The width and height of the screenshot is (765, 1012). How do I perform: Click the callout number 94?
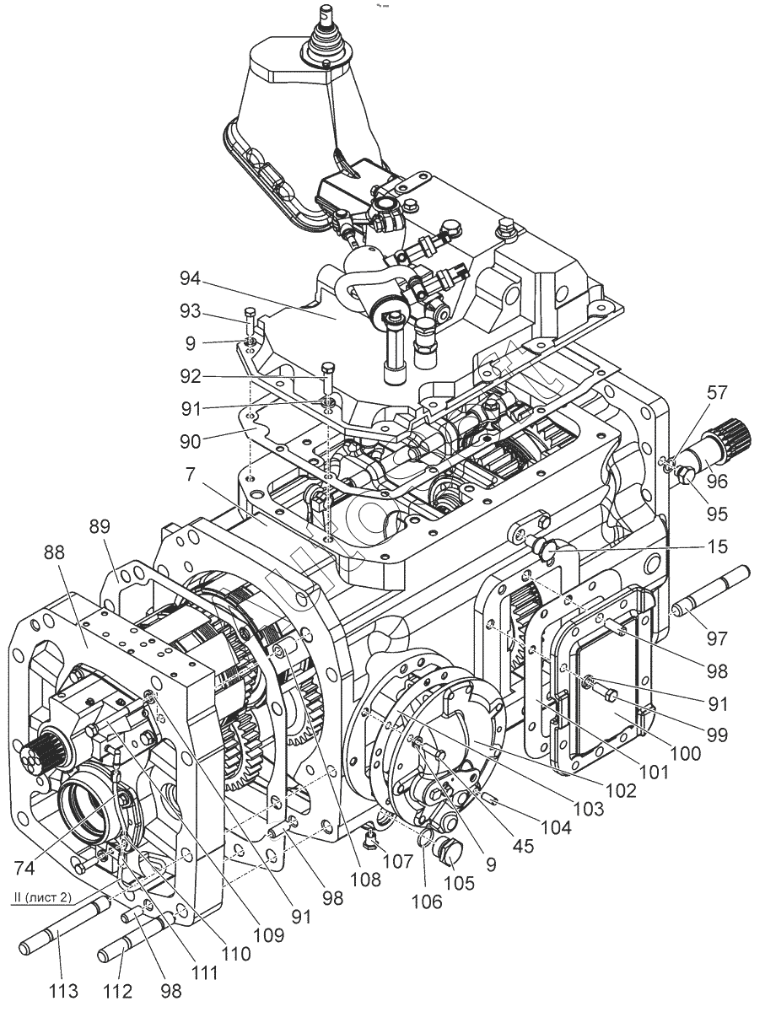tap(190, 279)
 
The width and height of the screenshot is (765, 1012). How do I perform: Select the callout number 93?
tap(190, 312)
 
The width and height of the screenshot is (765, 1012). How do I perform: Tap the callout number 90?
tap(190, 441)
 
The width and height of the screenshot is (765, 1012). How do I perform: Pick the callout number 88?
tap(55, 552)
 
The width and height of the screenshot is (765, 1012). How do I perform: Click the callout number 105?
tap(460, 883)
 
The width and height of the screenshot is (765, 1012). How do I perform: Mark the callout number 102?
tap(622, 789)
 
